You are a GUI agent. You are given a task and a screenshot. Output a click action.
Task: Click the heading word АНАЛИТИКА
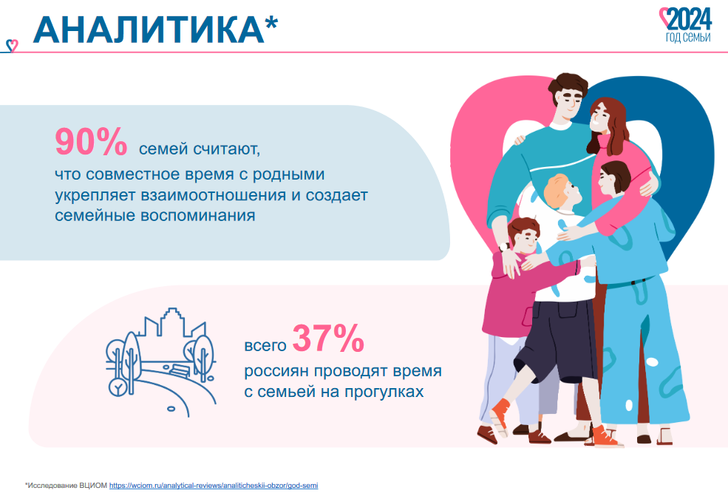[149, 30]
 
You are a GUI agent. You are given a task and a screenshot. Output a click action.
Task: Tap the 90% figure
[91, 142]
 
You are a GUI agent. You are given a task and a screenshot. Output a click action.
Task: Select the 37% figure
[328, 339]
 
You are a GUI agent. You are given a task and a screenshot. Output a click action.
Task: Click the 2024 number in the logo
[690, 20]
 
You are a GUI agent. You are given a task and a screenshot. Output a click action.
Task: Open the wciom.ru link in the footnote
[214, 486]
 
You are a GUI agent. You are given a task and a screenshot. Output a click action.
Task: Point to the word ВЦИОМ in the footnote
[93, 486]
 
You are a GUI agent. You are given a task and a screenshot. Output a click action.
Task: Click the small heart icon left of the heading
[12, 46]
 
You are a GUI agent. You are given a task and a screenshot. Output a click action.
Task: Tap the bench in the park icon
[180, 371]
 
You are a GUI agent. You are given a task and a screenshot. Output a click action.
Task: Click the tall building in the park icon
[172, 322]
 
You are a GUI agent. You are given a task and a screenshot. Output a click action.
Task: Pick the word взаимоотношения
[214, 195]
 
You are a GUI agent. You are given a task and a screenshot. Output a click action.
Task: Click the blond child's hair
[557, 189]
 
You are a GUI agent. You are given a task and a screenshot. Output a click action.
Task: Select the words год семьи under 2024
[688, 37]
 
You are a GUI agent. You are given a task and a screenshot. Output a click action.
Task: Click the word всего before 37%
[265, 346]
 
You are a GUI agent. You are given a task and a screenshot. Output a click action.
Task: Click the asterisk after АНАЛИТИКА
[271, 23]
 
